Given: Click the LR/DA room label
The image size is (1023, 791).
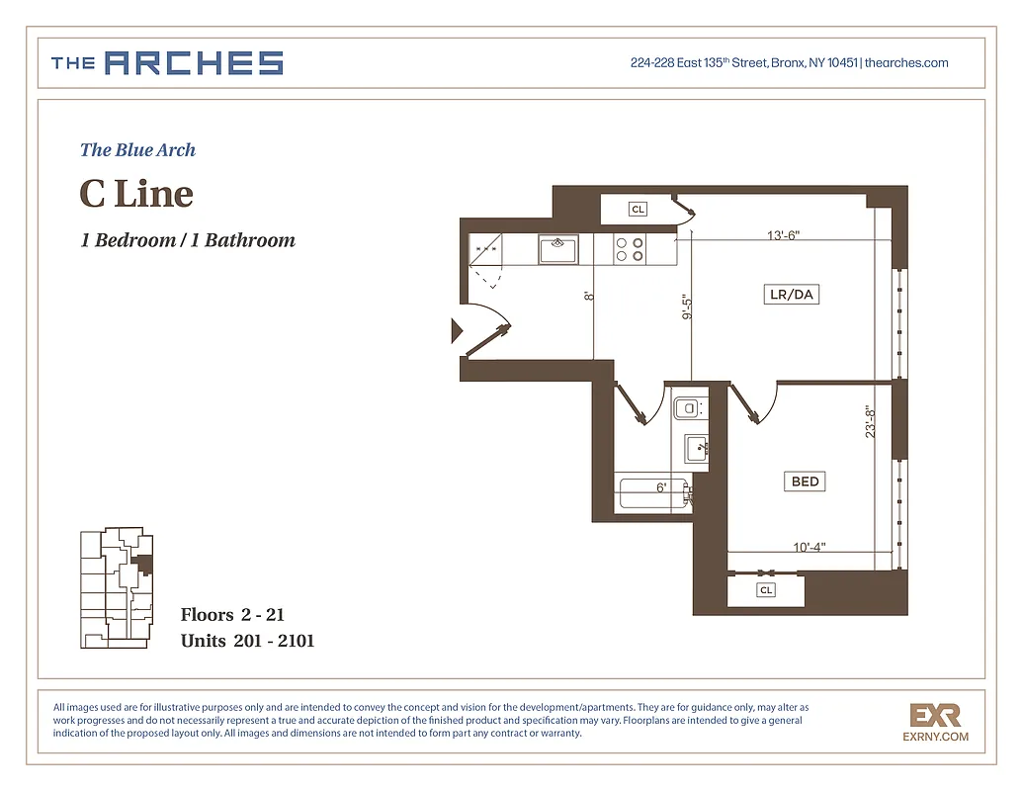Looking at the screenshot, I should tap(793, 295).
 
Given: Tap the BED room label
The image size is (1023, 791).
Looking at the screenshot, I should tap(806, 482).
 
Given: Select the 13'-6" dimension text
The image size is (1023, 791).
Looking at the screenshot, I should tap(783, 235).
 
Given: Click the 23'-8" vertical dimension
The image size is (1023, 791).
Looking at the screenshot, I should tap(871, 422).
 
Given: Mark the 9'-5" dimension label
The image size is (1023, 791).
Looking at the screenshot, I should tap(686, 308).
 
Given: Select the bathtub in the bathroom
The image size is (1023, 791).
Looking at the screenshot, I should tap(650, 491).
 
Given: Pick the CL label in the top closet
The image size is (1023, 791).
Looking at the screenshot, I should tap(639, 210).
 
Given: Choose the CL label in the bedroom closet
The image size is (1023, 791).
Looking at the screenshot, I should tap(766, 590).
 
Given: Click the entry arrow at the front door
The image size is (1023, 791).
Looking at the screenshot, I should tap(457, 330).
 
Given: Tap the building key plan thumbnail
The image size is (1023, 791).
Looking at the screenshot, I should tap(117, 588).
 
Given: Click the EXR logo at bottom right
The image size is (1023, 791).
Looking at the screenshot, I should tap(935, 715).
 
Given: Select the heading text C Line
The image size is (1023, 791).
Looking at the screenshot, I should tap(136, 193).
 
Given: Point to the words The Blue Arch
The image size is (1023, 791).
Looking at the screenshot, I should tap(137, 150).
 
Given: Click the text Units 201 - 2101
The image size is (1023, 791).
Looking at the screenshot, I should tap(247, 641).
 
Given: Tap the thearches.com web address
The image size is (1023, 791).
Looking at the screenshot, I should tap(906, 63).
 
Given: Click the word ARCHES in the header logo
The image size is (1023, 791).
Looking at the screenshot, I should tap(194, 63).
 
